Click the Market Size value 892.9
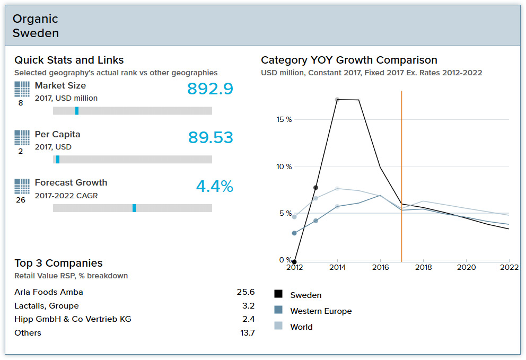pyautogui.click(x=210, y=89)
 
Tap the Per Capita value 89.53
pyautogui.click(x=211, y=138)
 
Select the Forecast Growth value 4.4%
pyautogui.click(x=214, y=187)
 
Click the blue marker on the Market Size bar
pyautogui.click(x=77, y=111)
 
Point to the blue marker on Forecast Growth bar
pyautogui.click(x=134, y=208)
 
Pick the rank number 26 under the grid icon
pyautogui.click(x=21, y=200)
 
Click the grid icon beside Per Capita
pyautogui.click(x=22, y=138)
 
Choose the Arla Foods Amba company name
pyautogui.click(x=49, y=292)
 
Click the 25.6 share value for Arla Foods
pyautogui.click(x=246, y=292)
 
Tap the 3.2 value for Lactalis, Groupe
pyautogui.click(x=248, y=306)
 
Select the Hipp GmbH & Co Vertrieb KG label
pyautogui.click(x=73, y=319)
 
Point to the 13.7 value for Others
pyautogui.click(x=247, y=333)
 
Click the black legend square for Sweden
pyautogui.click(x=278, y=295)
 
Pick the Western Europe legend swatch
pyautogui.click(x=278, y=311)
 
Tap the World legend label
pyautogui.click(x=301, y=327)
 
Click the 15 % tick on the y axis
pyautogui.click(x=284, y=120)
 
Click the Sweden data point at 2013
pyautogui.click(x=315, y=188)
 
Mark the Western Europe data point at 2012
pyautogui.click(x=294, y=233)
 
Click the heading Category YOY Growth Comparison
pyautogui.click(x=349, y=60)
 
